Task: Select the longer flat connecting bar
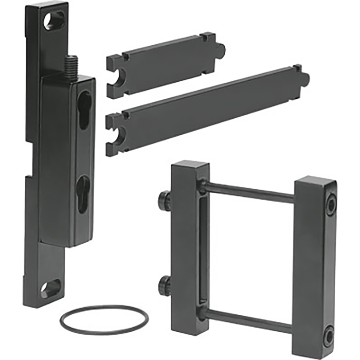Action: [206, 108]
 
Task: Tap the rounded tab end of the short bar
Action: [221, 50]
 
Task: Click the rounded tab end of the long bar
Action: [304, 79]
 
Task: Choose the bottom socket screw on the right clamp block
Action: [328, 337]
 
